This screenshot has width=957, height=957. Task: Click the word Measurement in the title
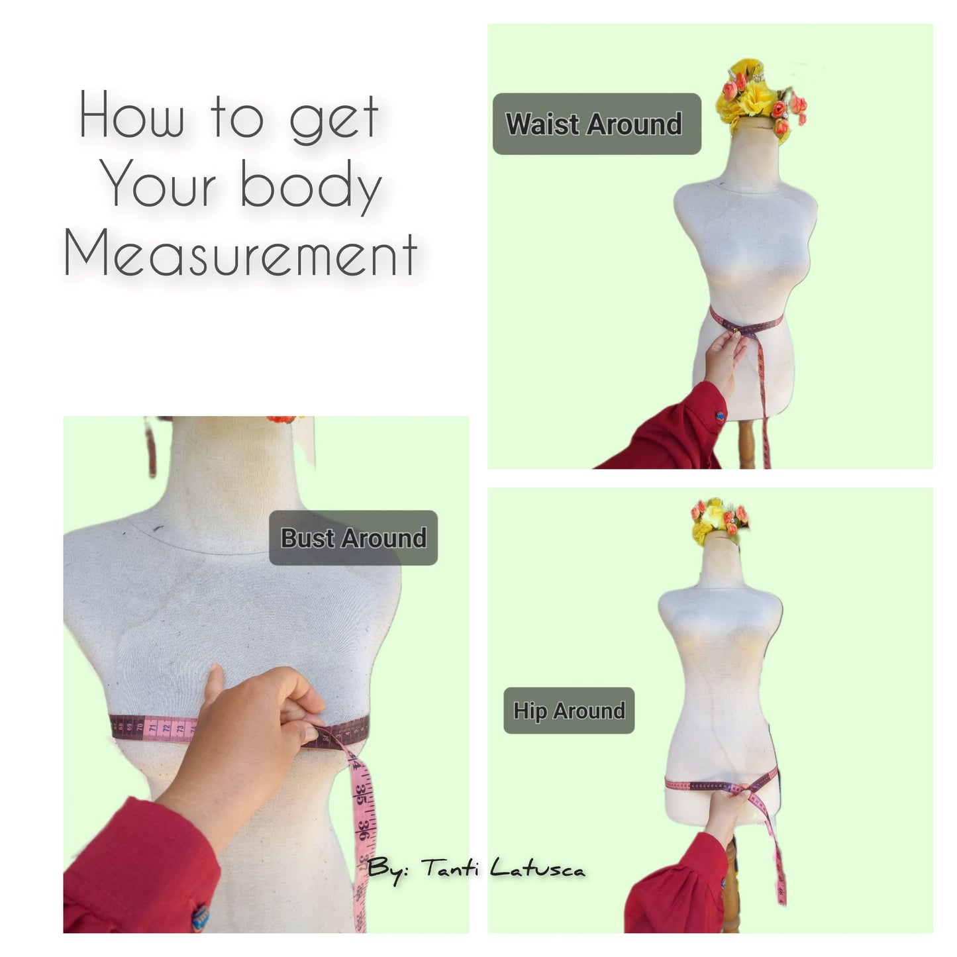240,252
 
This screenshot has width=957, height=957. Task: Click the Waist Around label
597,124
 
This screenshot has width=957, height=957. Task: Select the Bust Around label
353,537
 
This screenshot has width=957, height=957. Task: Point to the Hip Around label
569,711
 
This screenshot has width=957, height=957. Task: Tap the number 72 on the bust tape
166,728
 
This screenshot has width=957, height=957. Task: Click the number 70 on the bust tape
140,728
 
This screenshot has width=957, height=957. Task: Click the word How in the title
131,115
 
